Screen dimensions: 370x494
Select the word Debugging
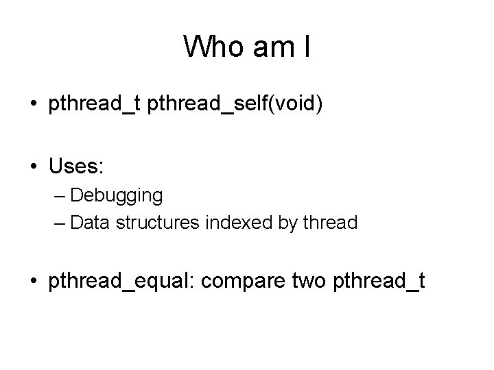click(x=117, y=196)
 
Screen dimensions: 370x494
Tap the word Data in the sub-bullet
click(x=85, y=223)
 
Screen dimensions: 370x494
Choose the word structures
click(x=143, y=223)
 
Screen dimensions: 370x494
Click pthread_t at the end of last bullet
click(x=379, y=282)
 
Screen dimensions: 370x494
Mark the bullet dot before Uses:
click(x=34, y=166)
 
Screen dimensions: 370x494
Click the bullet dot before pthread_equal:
click(x=34, y=282)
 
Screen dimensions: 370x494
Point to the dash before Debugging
click(x=59, y=197)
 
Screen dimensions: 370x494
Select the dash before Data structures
click(x=59, y=223)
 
